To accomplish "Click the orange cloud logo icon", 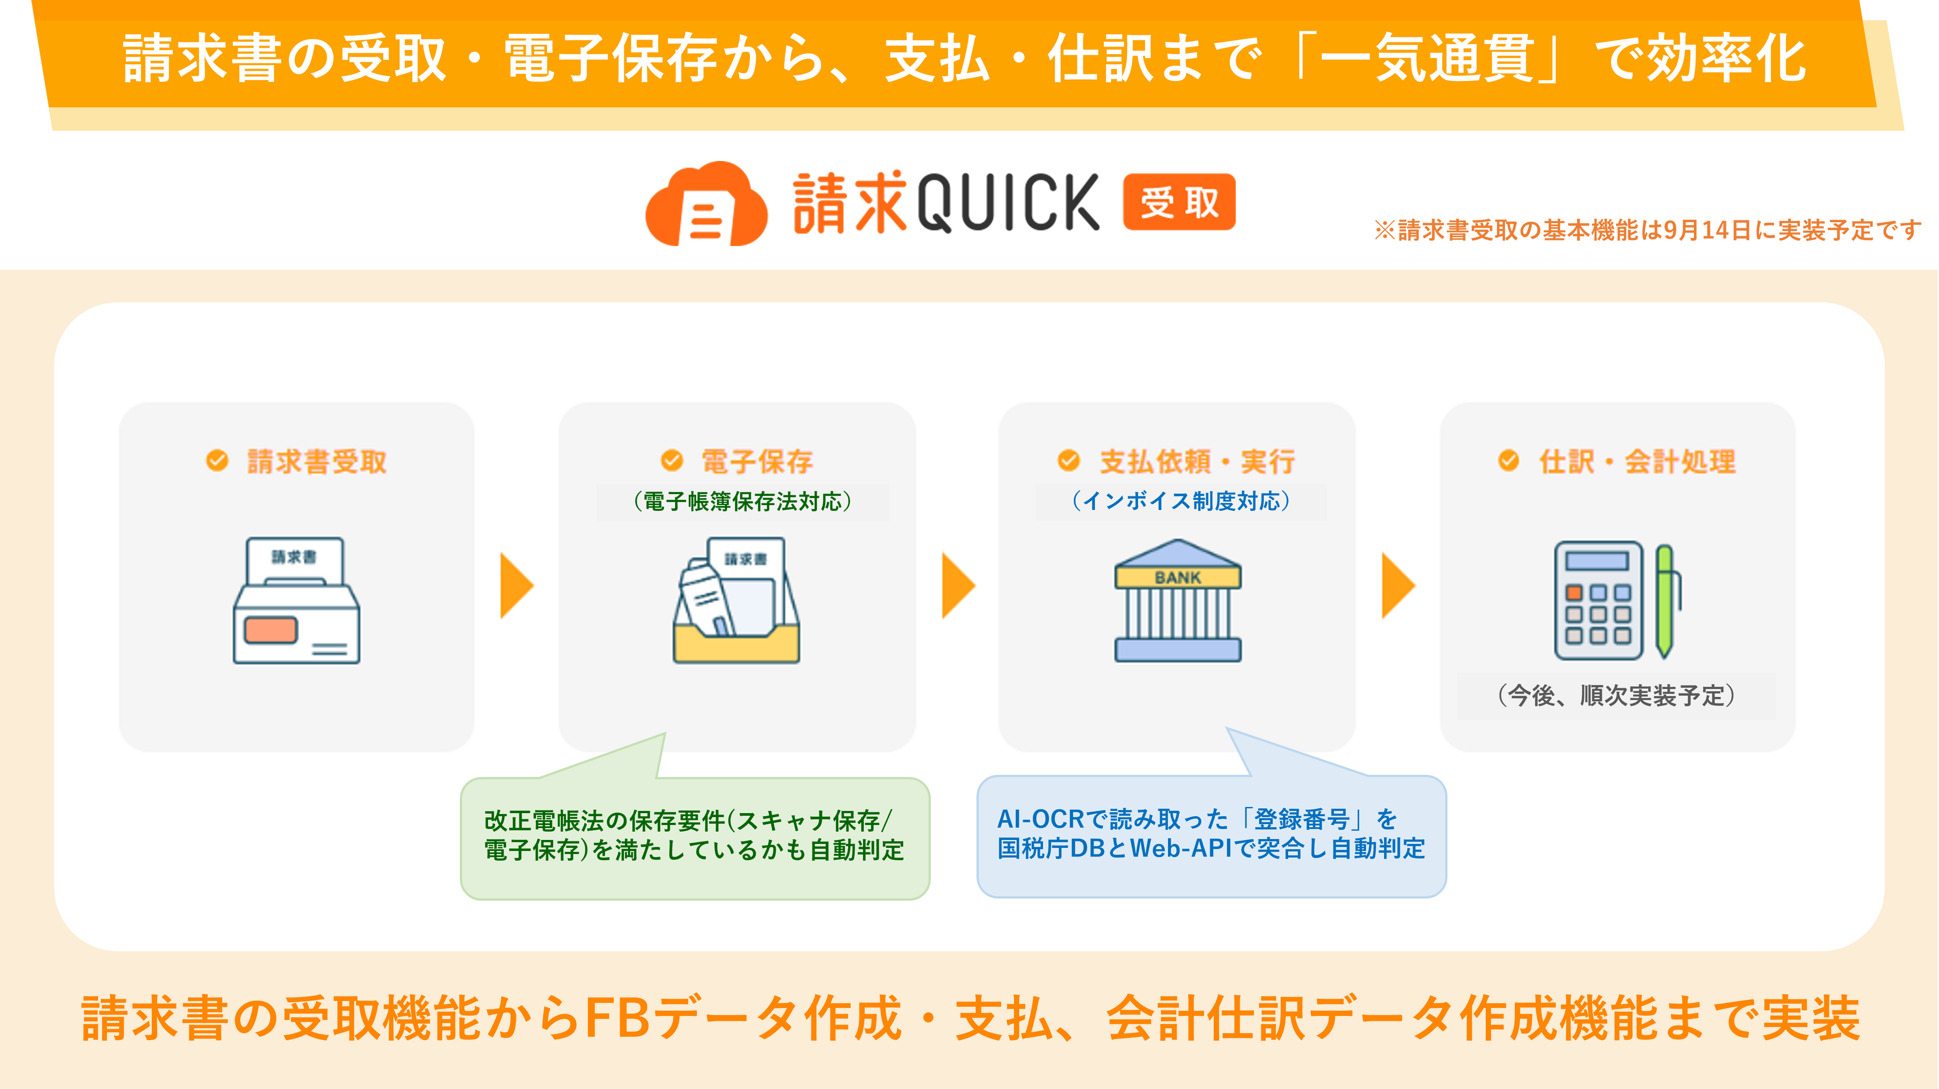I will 706,205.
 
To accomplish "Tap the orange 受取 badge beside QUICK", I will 1178,202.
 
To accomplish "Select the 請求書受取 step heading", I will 316,461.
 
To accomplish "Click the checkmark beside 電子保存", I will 671,460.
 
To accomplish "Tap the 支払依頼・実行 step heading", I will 1197,461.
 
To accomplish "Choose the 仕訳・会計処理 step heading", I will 1637,461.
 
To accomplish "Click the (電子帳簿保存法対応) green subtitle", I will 742,501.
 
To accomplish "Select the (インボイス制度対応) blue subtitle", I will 1181,501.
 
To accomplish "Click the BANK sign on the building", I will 1177,577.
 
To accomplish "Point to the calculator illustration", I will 1598,600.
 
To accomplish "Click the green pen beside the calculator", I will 1667,600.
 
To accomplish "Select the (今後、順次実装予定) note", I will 1616,695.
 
